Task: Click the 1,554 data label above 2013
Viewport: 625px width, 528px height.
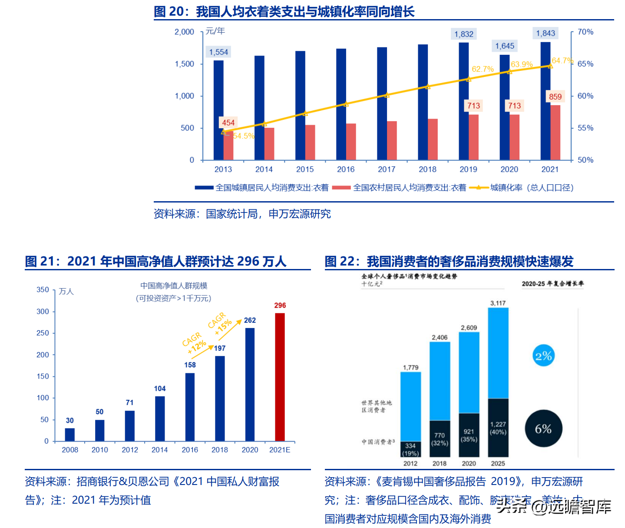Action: (218, 52)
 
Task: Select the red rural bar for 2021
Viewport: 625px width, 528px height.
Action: (555, 133)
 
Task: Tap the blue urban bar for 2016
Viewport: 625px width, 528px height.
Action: (341, 104)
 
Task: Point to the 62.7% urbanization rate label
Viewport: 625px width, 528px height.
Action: (483, 69)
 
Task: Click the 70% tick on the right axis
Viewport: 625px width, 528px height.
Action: (585, 32)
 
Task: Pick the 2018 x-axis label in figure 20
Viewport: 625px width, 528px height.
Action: (427, 169)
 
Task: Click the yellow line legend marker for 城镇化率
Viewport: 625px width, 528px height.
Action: (479, 188)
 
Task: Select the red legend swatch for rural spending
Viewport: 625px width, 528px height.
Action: (341, 188)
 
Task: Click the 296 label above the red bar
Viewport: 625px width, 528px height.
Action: (280, 306)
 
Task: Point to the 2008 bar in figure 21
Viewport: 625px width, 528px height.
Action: (70, 435)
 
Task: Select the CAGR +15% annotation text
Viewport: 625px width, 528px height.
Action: (220, 324)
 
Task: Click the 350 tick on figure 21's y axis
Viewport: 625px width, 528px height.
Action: (43, 290)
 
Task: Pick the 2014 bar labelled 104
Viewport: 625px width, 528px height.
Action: (160, 418)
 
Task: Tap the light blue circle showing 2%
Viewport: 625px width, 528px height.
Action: (543, 356)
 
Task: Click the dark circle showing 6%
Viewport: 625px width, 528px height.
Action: (543, 429)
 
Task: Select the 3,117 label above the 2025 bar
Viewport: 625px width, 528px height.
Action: (498, 303)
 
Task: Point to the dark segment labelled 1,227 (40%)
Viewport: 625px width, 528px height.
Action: (498, 428)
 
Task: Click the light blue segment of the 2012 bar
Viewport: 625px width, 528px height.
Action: (410, 406)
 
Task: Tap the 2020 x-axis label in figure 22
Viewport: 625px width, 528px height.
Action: (469, 463)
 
